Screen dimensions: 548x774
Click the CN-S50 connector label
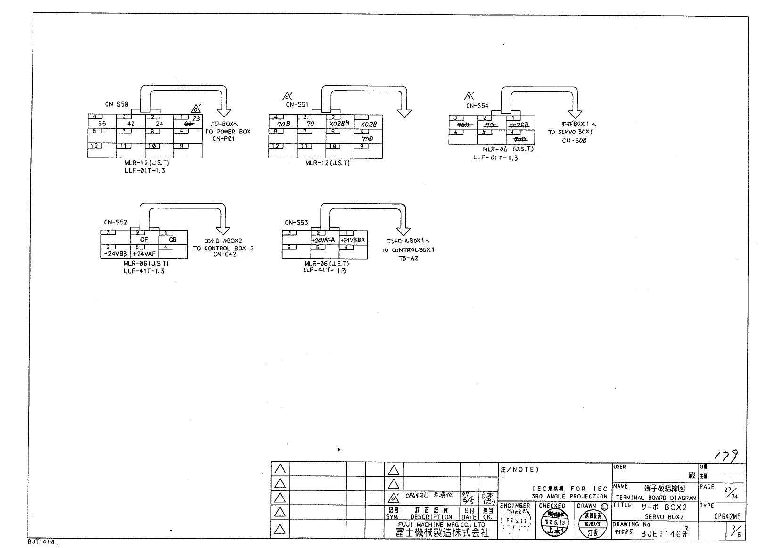click(x=116, y=104)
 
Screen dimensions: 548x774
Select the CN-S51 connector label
click(x=296, y=105)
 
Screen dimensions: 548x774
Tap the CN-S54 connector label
click(x=477, y=106)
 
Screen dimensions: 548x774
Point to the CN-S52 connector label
click(x=115, y=222)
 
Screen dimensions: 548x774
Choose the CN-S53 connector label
click(x=296, y=223)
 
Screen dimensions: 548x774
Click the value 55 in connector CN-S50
click(x=102, y=124)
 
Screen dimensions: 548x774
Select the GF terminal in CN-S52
click(x=144, y=240)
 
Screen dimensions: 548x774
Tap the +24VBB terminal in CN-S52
click(x=115, y=254)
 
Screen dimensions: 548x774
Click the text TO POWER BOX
click(x=228, y=132)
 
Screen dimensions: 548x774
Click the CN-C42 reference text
click(x=224, y=254)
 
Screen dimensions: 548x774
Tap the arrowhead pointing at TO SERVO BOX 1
click(x=575, y=113)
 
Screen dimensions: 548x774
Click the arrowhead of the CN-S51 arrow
click(x=404, y=113)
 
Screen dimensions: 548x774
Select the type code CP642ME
click(x=726, y=516)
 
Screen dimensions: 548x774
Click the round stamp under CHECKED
click(x=552, y=523)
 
